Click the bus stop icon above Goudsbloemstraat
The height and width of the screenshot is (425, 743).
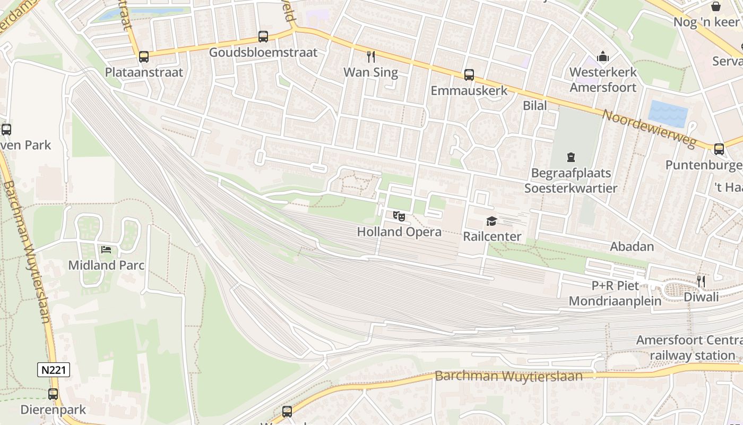pos(263,37)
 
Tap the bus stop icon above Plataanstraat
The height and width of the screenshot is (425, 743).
pos(144,57)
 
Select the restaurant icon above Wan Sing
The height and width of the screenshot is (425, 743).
pos(371,56)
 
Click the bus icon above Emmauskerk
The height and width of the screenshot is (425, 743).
pos(469,75)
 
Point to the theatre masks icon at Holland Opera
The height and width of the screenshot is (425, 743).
pos(399,216)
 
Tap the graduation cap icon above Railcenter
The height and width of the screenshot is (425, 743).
pos(492,221)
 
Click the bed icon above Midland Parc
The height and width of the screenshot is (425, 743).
pos(106,249)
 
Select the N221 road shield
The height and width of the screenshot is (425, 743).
pos(54,370)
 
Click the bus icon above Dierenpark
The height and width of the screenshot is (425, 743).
pos(53,394)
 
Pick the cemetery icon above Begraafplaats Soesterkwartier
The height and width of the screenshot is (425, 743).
pos(571,157)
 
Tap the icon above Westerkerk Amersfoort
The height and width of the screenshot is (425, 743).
pos(603,56)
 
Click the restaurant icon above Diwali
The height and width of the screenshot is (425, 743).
pos(701,280)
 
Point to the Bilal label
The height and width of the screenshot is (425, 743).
pos(535,105)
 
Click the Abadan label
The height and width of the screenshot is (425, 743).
pos(632,246)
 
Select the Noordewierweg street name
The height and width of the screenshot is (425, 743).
pos(649,127)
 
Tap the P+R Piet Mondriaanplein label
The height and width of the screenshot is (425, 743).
pos(615,293)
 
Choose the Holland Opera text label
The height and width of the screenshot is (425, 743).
pos(399,232)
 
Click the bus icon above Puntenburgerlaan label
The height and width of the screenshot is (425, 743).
pos(719,149)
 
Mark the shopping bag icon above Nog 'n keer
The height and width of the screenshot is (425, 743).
pos(716,6)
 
